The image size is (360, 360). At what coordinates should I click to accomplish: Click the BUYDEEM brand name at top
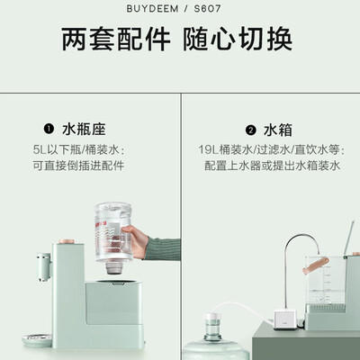point(152,9)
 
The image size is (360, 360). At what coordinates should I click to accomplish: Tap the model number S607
point(208,9)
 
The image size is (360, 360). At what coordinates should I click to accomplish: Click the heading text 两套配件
point(116,40)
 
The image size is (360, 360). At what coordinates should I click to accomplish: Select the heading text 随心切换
point(238,40)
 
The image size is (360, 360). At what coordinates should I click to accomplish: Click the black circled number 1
point(49,130)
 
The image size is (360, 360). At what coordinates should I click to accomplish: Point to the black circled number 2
point(251,130)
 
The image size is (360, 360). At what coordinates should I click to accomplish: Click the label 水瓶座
point(84,130)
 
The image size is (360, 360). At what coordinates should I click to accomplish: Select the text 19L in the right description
point(209,149)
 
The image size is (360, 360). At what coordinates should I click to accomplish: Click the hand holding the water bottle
point(136,241)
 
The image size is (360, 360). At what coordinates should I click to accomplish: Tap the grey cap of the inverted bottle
point(114,267)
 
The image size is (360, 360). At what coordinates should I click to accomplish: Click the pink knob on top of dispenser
point(67,241)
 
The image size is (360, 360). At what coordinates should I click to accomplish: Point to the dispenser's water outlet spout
point(44,267)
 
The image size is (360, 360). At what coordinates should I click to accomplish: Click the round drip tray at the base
point(38,340)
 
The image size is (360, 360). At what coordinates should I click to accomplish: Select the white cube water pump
point(285,320)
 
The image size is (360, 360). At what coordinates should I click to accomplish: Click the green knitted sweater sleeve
point(164,249)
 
